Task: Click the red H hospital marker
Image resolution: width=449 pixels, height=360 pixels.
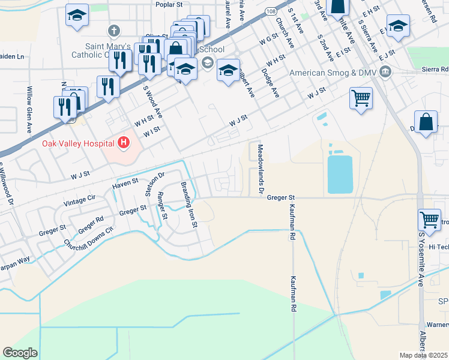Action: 124,142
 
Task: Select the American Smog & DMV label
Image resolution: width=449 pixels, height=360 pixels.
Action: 334,73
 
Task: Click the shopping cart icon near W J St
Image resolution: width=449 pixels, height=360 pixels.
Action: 361,97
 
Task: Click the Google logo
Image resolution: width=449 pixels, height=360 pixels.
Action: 20,353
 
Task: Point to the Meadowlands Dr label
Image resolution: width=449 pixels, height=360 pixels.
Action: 261,169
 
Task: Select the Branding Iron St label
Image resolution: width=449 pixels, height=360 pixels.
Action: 189,205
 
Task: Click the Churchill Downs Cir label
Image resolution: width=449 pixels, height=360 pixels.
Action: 88,237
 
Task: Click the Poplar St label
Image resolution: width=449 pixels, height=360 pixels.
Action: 169,4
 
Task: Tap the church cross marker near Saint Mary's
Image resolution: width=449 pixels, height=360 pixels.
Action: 113,29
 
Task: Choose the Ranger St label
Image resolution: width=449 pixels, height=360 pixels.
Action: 161,206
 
